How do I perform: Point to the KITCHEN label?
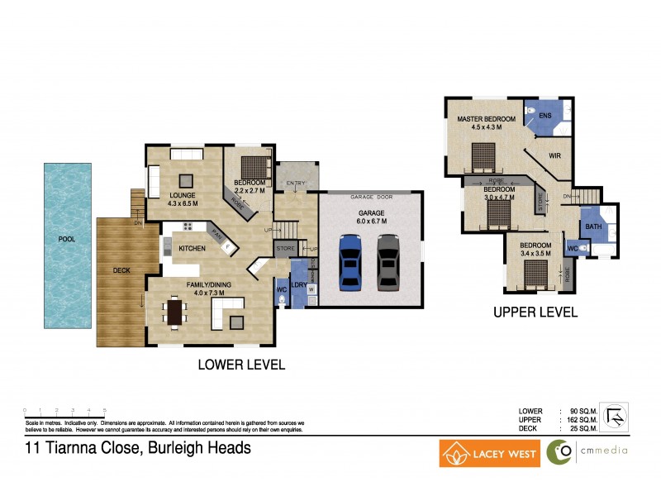click(193, 248)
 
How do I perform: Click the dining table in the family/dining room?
click(174, 312)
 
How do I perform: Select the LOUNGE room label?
click(182, 195)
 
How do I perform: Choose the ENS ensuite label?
click(545, 116)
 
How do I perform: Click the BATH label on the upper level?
click(592, 226)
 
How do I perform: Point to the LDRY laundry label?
click(299, 286)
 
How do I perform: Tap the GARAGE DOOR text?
click(370, 198)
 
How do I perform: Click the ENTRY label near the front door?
click(295, 184)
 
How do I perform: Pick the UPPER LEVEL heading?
click(535, 313)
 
